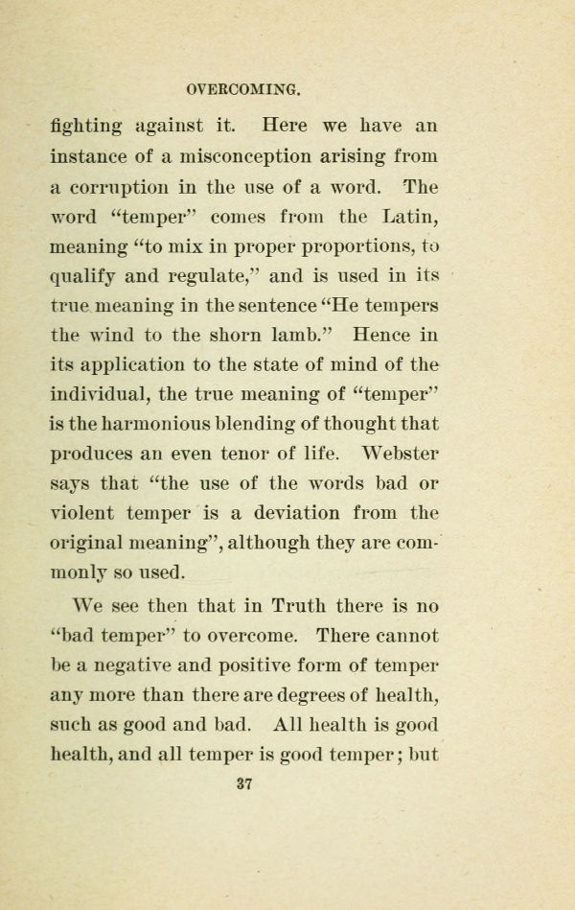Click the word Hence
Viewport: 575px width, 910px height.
[x=382, y=336]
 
